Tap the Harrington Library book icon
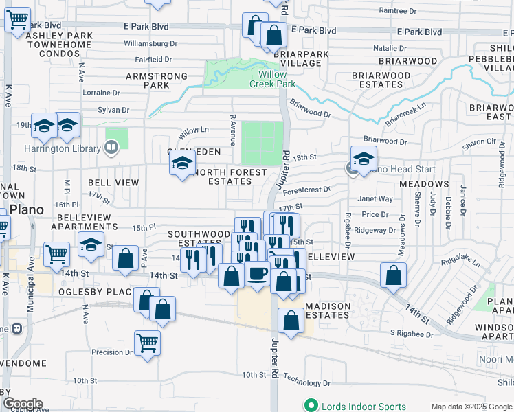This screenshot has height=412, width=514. (111, 146)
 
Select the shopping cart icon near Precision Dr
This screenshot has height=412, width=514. (148, 341)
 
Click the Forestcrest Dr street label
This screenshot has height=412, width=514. (306, 189)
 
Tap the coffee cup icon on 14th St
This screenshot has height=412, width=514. (258, 273)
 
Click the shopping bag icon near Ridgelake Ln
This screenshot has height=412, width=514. (392, 275)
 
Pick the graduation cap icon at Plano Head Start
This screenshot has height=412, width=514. (364, 158)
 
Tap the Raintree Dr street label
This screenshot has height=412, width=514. (398, 11)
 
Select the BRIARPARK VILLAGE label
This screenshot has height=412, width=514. (297, 58)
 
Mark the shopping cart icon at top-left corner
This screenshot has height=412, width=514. (17, 20)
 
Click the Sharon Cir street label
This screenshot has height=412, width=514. (479, 141)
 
